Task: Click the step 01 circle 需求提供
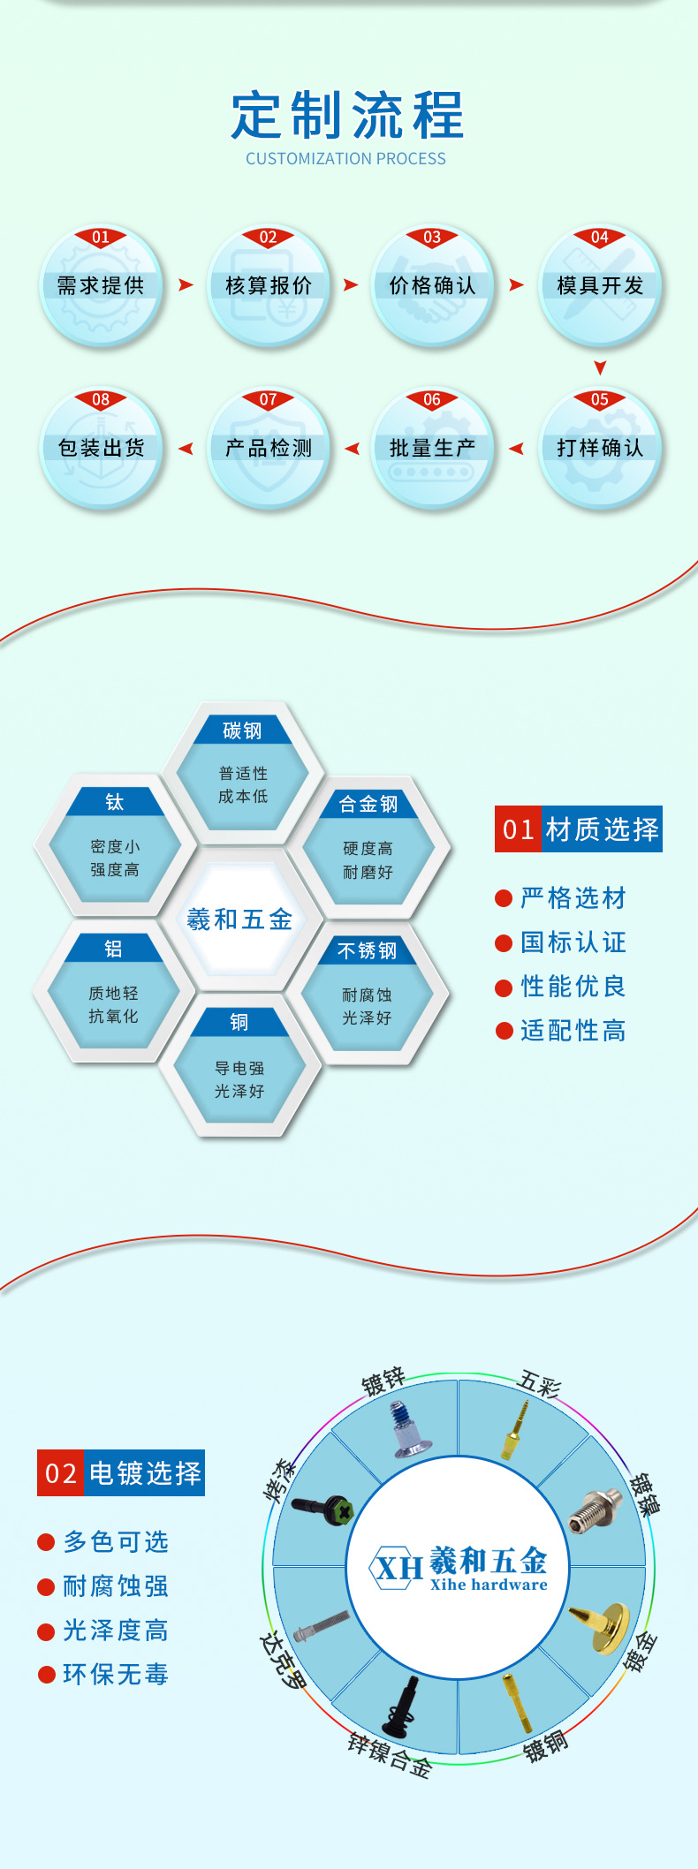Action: coord(101,285)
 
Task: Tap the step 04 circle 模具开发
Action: coord(600,285)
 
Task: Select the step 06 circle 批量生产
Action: coord(432,448)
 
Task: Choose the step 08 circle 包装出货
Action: coord(101,448)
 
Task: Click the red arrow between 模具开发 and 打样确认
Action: coord(600,367)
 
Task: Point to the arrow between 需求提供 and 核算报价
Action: coord(186,284)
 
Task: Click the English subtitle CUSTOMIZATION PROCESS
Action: coord(345,159)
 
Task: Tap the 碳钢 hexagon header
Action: coord(242,730)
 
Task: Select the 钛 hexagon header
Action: coord(114,802)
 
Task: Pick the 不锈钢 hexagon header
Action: coord(368,950)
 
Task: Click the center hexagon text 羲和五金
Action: coord(239,919)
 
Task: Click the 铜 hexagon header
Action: coord(239,1022)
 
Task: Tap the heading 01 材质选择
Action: coord(578,829)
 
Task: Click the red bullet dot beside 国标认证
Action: coord(504,943)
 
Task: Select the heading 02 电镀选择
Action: coord(121,1473)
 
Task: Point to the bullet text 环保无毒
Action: coord(115,1674)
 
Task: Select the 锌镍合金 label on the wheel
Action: coord(389,1754)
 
